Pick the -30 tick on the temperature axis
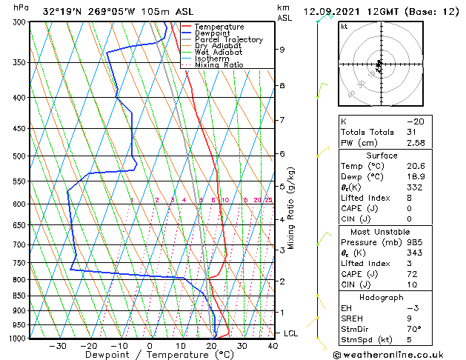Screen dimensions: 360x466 coord(57,346)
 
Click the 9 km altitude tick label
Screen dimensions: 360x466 coord(282,50)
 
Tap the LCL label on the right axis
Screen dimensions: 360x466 coord(292,333)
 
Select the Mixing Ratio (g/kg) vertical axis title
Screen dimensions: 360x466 coord(292,208)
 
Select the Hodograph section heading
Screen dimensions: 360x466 coord(382,297)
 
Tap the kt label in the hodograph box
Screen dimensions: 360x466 coord(344,26)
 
